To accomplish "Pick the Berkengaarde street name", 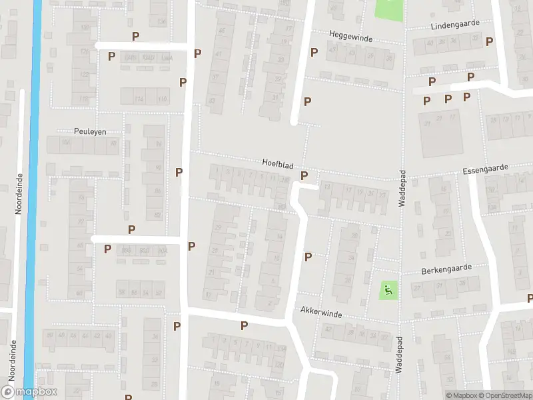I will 446,268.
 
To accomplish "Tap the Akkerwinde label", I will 321,311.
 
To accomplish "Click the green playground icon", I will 387,289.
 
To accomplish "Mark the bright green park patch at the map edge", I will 389,9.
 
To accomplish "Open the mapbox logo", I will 29,391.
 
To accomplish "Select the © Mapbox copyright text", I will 460,395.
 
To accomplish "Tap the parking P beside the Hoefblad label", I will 305,176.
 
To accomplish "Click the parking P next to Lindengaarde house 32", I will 489,41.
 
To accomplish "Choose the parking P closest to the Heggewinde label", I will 314,52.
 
